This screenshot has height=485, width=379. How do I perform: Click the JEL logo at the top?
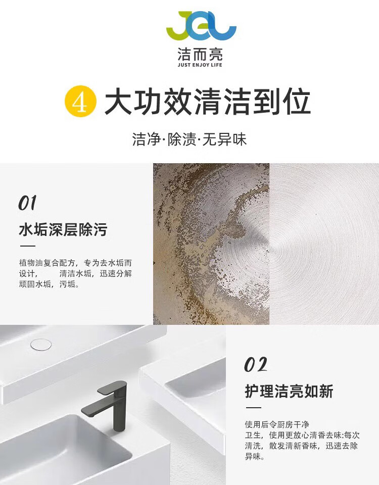click(202, 26)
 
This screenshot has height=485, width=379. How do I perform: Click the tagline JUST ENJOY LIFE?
click(200, 65)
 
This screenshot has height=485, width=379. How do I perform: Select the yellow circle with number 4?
click(80, 102)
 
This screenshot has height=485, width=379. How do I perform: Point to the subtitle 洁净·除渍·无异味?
click(189, 139)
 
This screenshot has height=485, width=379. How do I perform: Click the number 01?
click(27, 203)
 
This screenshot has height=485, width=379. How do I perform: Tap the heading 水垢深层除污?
click(63, 229)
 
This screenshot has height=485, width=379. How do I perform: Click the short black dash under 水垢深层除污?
click(27, 246)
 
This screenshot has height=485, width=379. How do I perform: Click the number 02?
click(256, 365)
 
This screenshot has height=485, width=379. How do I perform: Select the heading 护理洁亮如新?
click(289, 391)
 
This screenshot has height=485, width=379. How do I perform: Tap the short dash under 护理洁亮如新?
click(253, 407)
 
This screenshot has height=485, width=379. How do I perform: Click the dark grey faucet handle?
click(112, 386)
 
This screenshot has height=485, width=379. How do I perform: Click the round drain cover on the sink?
click(41, 345)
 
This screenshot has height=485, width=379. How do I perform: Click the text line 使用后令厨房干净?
click(277, 424)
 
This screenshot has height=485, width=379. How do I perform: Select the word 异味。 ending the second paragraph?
click(255, 457)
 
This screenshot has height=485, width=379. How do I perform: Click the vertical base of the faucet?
click(120, 411)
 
